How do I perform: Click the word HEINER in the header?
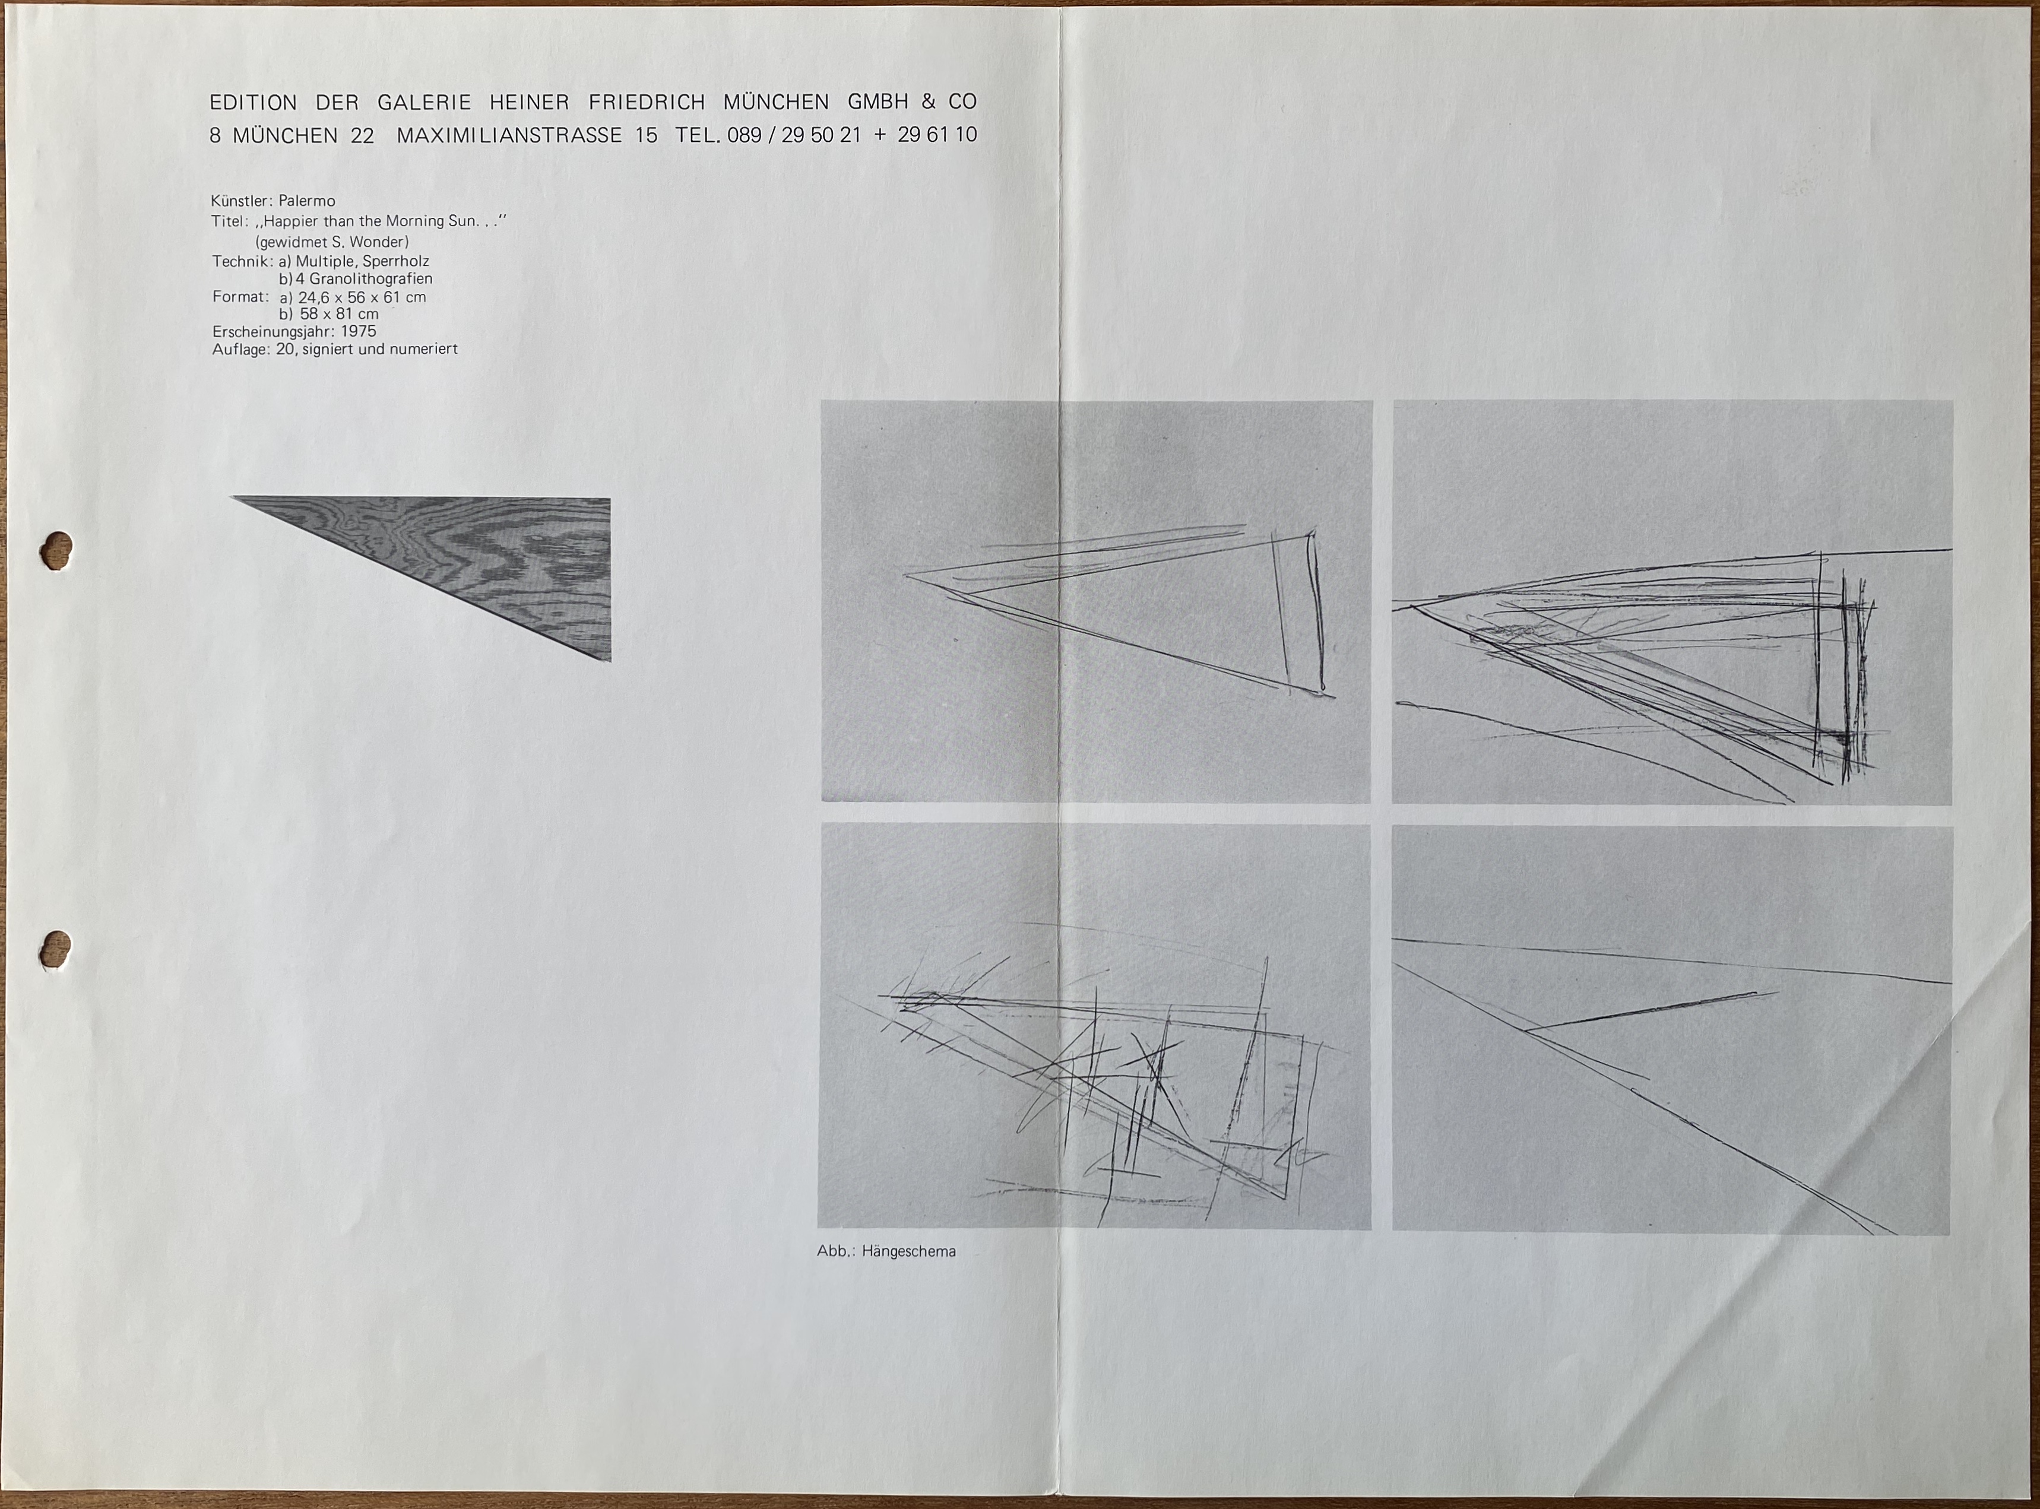tap(529, 102)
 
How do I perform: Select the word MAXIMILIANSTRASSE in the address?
tap(509, 135)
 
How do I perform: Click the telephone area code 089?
tap(745, 135)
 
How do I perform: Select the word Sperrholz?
tap(395, 261)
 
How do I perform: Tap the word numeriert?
tap(423, 349)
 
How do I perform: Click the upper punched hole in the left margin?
tap(56, 549)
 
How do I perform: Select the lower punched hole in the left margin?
tap(56, 947)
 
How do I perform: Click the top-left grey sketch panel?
tap(1095, 602)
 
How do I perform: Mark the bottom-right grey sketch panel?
tap(1672, 1031)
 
